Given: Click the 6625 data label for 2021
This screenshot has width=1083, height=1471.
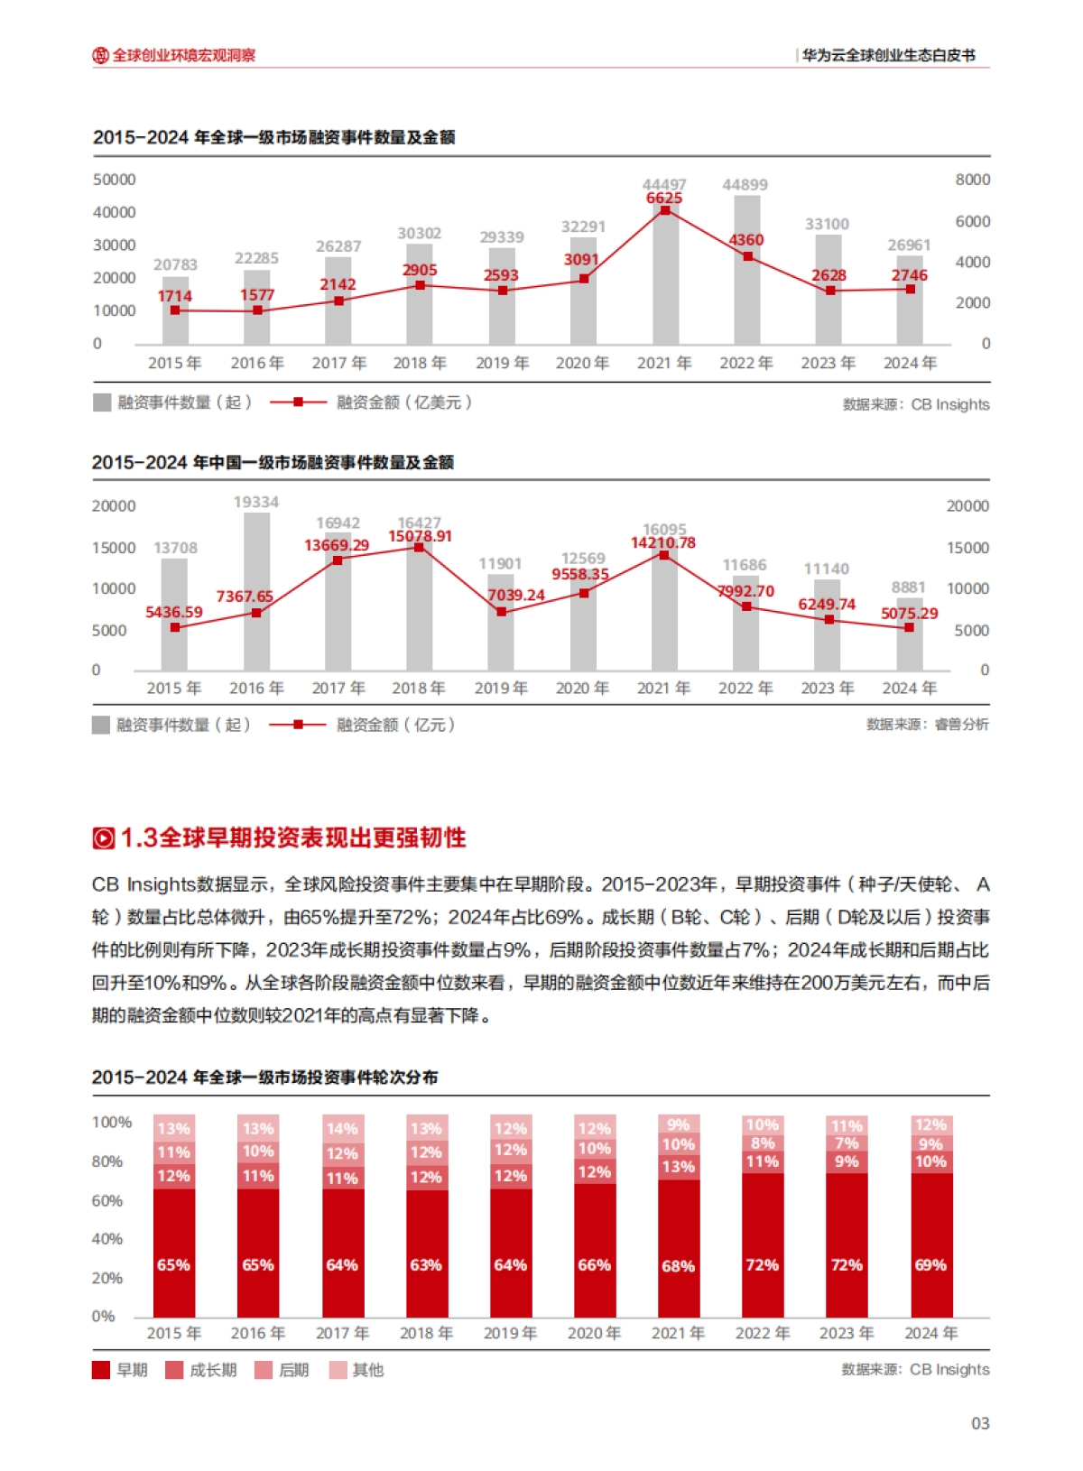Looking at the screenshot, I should click(x=664, y=198).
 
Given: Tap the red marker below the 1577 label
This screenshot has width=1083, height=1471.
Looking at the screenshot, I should click(x=257, y=310).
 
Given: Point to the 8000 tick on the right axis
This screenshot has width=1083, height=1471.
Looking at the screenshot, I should click(x=972, y=180).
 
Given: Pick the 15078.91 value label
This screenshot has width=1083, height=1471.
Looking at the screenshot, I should click(x=420, y=536).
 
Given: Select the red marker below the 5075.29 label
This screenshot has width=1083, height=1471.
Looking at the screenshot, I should click(x=909, y=627).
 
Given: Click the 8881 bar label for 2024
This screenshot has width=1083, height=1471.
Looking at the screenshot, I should click(x=908, y=587).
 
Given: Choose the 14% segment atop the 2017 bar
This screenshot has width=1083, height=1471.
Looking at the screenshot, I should click(x=342, y=1128).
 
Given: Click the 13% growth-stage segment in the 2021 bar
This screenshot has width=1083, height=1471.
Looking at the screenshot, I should click(x=678, y=1166).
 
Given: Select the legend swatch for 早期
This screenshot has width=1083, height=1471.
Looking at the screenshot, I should click(x=101, y=1370).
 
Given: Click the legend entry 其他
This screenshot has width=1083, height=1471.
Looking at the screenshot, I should click(x=367, y=1370).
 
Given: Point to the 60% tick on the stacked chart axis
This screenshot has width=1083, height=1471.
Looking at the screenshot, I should click(x=106, y=1200).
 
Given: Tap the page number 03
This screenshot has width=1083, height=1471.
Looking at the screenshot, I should click(x=980, y=1423).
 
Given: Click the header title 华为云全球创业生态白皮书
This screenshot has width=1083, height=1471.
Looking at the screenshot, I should click(x=889, y=55).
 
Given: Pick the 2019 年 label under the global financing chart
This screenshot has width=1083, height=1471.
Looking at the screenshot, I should click(x=502, y=363).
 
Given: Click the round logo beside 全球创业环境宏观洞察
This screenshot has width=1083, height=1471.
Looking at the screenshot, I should click(x=100, y=55).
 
